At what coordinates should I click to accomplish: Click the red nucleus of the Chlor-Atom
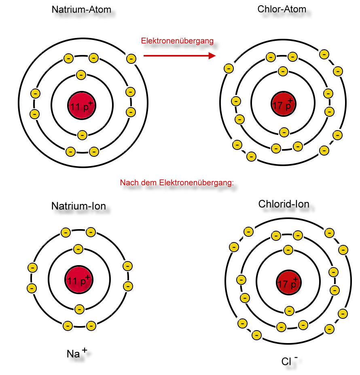pyautogui.click(x=284, y=103)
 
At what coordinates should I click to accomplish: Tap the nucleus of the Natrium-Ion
pyautogui.click(x=78, y=279)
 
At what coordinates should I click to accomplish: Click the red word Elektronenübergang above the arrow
pyautogui.click(x=177, y=41)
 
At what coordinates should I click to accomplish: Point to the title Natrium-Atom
pyautogui.click(x=81, y=9)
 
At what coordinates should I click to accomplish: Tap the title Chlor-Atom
pyautogui.click(x=282, y=9)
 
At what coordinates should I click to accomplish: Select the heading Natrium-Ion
pyautogui.click(x=78, y=206)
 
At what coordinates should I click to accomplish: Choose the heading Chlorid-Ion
pyautogui.click(x=284, y=204)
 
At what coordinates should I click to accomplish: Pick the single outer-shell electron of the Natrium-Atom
pyautogui.click(x=131, y=59)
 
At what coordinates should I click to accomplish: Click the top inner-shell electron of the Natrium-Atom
pyautogui.click(x=81, y=75)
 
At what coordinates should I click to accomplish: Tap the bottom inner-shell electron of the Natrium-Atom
pyautogui.click(x=82, y=135)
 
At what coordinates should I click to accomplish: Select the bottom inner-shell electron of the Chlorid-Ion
pyautogui.click(x=289, y=311)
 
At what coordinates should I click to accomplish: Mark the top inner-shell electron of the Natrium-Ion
pyautogui.click(x=78, y=249)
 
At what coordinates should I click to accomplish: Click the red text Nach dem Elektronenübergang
pyautogui.click(x=177, y=183)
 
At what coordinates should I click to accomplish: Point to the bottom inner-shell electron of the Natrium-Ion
pyautogui.click(x=79, y=309)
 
